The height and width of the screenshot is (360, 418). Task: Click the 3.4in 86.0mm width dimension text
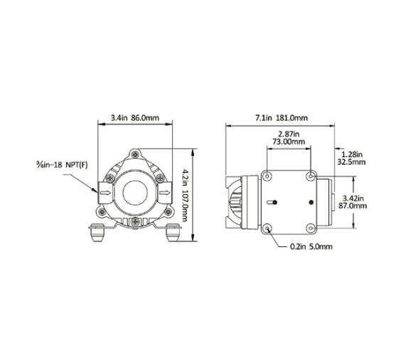pos(134,118)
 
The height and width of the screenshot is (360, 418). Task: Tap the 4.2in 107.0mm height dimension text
pos(185,194)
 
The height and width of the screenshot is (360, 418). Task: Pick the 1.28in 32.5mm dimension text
pos(353,158)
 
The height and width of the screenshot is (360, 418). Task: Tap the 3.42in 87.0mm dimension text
pos(353,201)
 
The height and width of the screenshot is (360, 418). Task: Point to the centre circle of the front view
pos(134,191)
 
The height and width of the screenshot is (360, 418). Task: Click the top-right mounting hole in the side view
pos(311,176)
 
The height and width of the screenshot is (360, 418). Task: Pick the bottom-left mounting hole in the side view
pos(268,228)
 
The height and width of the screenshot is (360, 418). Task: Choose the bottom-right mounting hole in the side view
pos(311,228)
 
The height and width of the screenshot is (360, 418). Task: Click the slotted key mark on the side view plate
pos(271,202)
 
